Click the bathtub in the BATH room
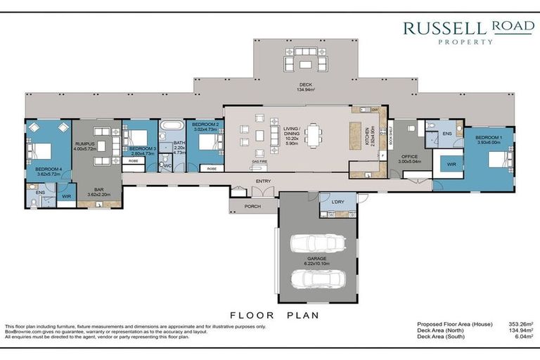click(x=171, y=128)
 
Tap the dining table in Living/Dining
click(x=312, y=134)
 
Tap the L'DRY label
click(x=336, y=202)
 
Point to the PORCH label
click(x=252, y=207)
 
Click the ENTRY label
click(x=264, y=181)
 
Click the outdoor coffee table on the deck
click(x=305, y=65)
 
